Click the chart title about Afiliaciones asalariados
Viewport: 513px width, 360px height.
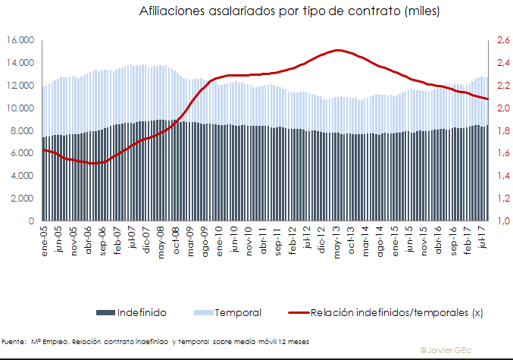pos(290,13)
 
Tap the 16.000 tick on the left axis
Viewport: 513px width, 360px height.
pos(20,41)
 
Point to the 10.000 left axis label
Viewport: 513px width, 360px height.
pos(20,108)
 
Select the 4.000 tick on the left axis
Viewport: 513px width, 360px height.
pos(23,176)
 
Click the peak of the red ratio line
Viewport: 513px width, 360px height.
pos(338,50)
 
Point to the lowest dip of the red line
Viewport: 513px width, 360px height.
pos(92,163)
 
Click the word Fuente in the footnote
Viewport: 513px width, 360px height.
pos(11,342)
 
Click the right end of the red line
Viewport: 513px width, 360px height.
pos(488,99)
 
